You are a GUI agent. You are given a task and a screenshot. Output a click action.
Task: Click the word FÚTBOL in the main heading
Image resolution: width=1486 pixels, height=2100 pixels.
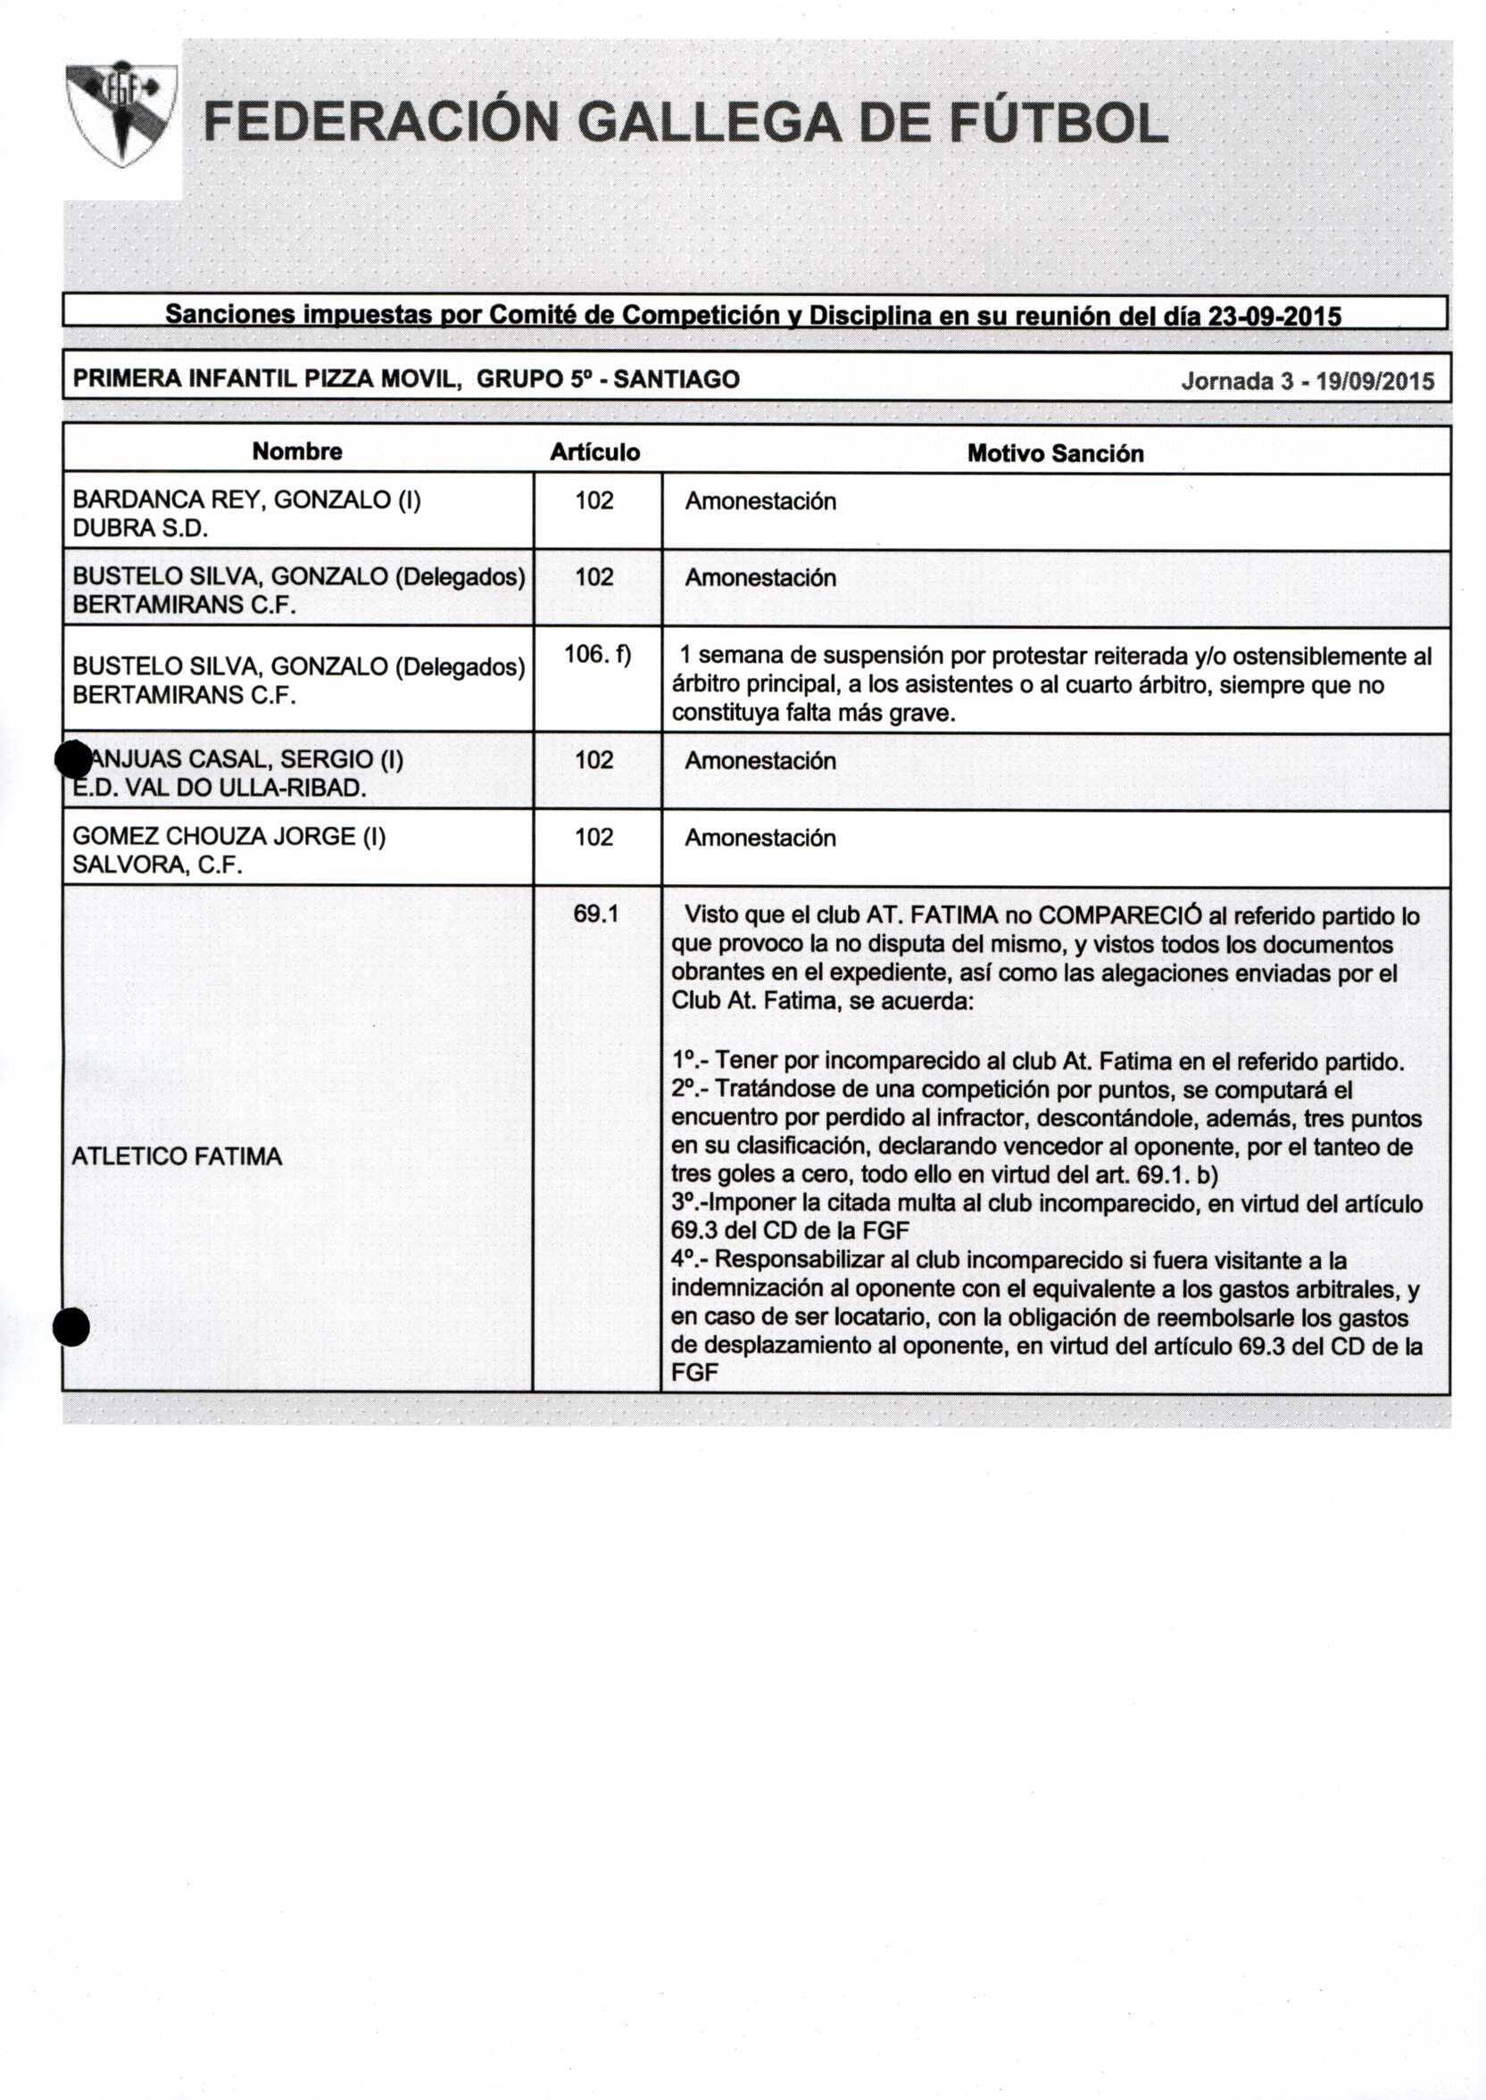click(x=1058, y=123)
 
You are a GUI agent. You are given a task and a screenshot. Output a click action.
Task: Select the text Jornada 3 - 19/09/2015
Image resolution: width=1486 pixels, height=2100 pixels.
click(x=1308, y=382)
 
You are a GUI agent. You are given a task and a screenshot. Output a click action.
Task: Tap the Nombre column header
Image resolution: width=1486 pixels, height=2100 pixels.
click(x=297, y=451)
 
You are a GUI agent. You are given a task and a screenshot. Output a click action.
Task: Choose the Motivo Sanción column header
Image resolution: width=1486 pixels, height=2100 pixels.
click(x=1055, y=454)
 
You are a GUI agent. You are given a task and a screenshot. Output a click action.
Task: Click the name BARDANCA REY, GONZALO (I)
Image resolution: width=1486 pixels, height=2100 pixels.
click(x=246, y=500)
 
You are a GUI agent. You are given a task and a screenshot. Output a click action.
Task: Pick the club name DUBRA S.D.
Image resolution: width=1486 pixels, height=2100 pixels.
click(x=140, y=529)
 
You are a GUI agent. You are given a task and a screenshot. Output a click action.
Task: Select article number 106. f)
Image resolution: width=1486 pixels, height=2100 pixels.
click(x=597, y=655)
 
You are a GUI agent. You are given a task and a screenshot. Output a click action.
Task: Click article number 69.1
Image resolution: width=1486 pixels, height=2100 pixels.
click(x=595, y=914)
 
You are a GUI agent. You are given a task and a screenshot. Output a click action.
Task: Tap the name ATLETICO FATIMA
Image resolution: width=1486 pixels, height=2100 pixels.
click(x=177, y=1157)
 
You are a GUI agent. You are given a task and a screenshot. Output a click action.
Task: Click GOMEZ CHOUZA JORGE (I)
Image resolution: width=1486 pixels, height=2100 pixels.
click(x=228, y=837)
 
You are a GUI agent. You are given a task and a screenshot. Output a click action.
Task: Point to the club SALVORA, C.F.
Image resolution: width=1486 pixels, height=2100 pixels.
click(x=157, y=865)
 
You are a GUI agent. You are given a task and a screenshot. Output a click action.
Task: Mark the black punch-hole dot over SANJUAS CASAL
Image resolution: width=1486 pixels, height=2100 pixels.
click(x=72, y=757)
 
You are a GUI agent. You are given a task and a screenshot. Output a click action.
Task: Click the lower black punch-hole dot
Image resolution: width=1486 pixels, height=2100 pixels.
click(x=71, y=1327)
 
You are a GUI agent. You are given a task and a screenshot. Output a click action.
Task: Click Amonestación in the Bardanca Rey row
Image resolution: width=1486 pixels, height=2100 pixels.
click(x=760, y=501)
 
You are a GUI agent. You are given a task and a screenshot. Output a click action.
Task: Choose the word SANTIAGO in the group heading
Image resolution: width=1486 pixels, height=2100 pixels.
click(x=677, y=379)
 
